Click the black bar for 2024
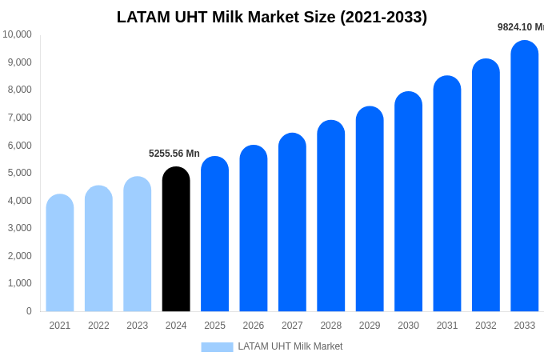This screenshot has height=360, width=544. point(176,240)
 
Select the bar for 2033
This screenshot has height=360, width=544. point(525,176)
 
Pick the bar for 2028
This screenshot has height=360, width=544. point(331,216)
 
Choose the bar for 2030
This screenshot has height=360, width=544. point(408,202)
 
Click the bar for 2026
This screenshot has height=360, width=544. point(254,229)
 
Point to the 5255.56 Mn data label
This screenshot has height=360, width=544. point(174,154)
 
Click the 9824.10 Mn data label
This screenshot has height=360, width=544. point(521,27)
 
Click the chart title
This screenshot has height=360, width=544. point(272,17)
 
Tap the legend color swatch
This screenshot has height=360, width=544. point(217,347)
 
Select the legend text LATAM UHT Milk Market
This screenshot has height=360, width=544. point(290,346)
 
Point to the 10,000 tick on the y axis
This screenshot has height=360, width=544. point(17,34)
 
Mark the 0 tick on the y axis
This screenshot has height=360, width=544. point(29,311)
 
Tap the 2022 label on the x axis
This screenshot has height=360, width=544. point(98,326)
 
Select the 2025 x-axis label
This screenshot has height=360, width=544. point(214,326)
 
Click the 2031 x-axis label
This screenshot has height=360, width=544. point(447,326)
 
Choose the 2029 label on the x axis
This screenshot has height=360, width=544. point(370,326)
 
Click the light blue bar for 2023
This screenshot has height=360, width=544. point(138,244)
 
